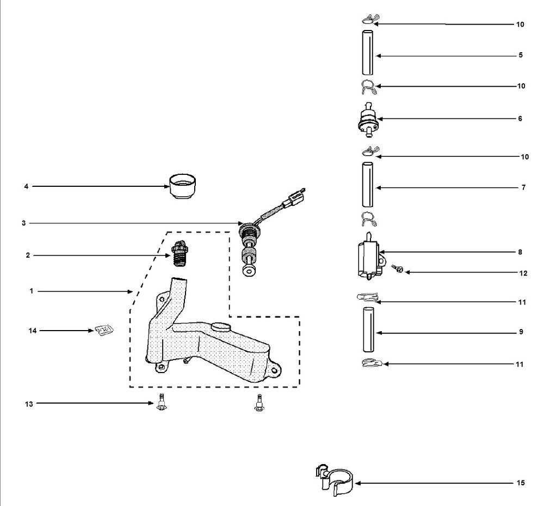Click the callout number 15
click(x=521, y=483)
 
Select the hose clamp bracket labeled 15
click(x=335, y=480)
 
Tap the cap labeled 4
click(x=182, y=186)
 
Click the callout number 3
click(x=23, y=223)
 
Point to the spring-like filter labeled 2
click(x=180, y=253)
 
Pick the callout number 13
click(x=29, y=404)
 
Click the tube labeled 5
click(x=368, y=52)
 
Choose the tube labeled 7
click(x=368, y=185)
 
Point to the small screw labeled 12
click(x=398, y=268)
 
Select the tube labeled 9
click(x=368, y=330)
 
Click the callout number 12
click(x=523, y=273)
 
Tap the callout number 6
click(x=520, y=119)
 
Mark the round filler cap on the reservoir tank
click(x=221, y=327)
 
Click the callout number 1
click(x=31, y=291)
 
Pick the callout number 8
click(x=520, y=252)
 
